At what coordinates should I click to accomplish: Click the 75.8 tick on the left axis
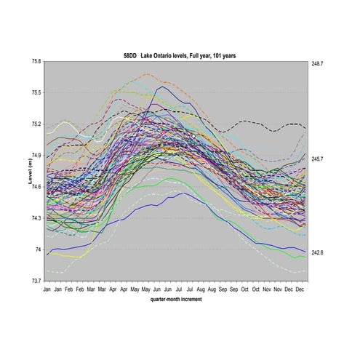pos(35,62)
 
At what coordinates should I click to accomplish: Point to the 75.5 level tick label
pos(35,93)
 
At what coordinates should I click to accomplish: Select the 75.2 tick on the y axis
pos(35,124)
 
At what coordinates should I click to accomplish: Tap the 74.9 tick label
pos(35,156)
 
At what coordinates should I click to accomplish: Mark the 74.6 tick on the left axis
pos(35,187)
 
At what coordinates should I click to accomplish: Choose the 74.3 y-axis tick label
pos(35,218)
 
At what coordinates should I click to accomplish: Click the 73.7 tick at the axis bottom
pos(35,281)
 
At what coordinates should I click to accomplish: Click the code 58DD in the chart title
pos(132,55)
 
